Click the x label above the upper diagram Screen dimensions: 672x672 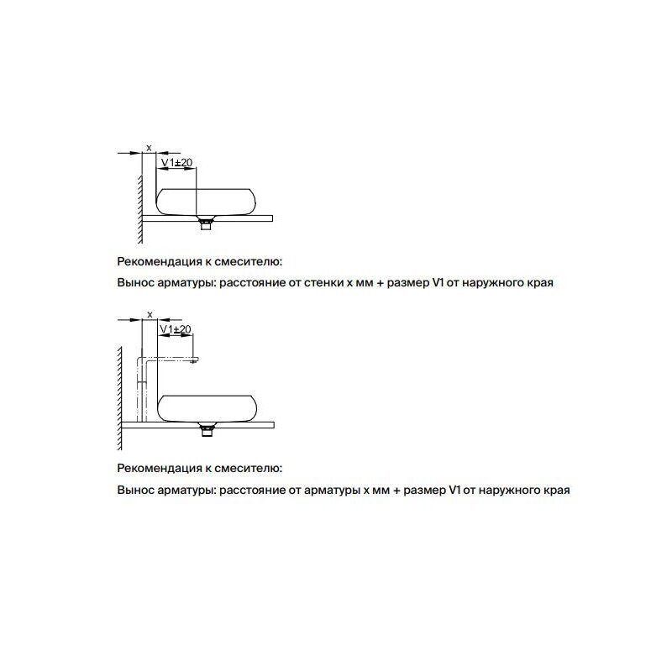click(x=149, y=148)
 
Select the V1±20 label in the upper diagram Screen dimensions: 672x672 click(x=176, y=162)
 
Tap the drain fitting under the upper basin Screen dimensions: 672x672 click(x=203, y=222)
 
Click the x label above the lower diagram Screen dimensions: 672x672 click(x=149, y=313)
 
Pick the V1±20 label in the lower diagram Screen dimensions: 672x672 click(x=176, y=328)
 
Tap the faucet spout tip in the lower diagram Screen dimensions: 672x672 click(x=195, y=360)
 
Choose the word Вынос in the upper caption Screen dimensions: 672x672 click(x=134, y=284)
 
